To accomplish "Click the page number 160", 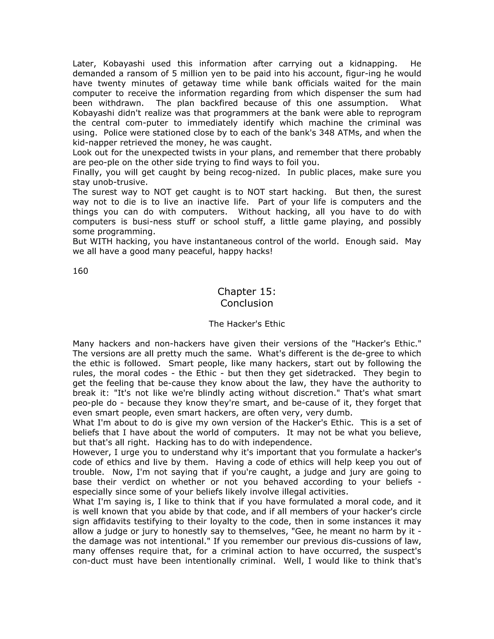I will pyautogui.click(x=80, y=271).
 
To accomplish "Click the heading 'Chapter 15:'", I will pyautogui.click(x=247, y=292).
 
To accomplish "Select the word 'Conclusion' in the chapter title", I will pyautogui.click(x=247, y=303).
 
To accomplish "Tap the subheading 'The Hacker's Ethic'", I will pyautogui.click(x=247, y=324).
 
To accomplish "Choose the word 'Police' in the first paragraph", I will pyautogui.click(x=116, y=133).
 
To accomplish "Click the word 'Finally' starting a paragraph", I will pyautogui.click(x=86, y=172).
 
